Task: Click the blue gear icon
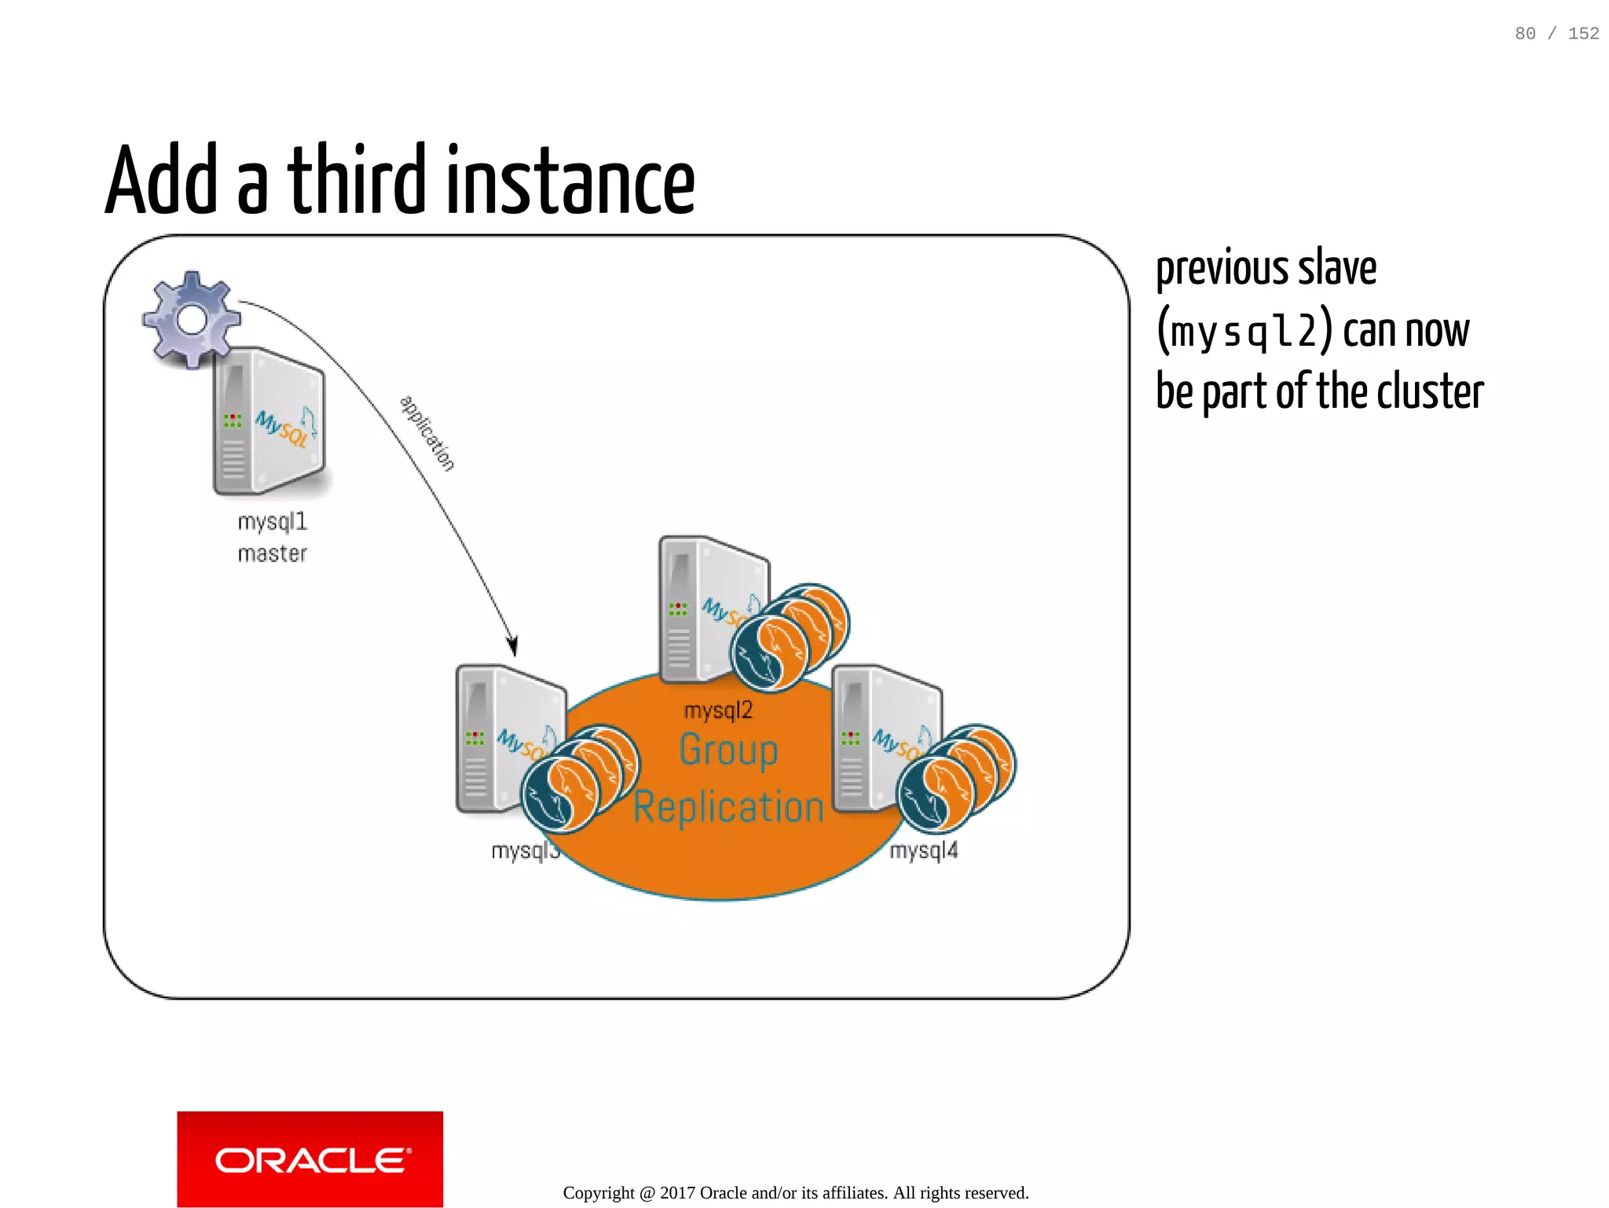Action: pos(191,319)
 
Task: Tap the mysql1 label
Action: pos(272,522)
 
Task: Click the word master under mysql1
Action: pos(272,554)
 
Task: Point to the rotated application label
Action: pos(427,433)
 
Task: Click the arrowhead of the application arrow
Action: pos(512,645)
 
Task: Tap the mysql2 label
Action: pos(718,710)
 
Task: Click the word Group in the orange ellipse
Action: pos(728,750)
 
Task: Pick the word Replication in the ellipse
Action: pos(728,807)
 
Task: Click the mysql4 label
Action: pos(924,850)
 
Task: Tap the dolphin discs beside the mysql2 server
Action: pos(790,637)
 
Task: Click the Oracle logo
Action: pos(310,1159)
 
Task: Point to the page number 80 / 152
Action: pos(1556,33)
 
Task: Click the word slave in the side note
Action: pos(1337,268)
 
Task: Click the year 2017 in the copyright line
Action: pos(678,1193)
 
